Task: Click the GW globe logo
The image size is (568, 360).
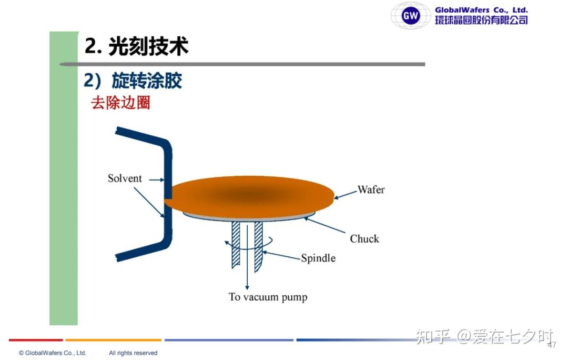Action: coord(410,15)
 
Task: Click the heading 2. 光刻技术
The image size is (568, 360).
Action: coord(136,46)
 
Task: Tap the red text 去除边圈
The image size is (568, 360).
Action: coord(120,103)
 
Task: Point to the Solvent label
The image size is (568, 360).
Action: coord(125,178)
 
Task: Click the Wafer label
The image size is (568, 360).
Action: coord(371,189)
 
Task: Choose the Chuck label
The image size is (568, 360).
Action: coord(364,238)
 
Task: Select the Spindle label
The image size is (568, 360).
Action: coord(318,258)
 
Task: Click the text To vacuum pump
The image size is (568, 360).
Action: coord(268,297)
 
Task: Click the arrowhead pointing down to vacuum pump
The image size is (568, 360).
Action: coord(247,287)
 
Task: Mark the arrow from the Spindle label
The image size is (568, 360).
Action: coord(282,255)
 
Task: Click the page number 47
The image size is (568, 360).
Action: coord(552,345)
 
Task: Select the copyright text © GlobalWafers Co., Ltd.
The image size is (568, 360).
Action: coord(53,353)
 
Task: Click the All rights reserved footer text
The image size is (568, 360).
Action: coord(133,353)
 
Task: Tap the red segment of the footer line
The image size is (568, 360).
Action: coord(36,340)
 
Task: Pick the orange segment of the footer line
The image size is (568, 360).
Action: coord(114,340)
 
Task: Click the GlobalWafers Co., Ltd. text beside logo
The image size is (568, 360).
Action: coord(481,10)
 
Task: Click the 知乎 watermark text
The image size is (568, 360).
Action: coord(433,336)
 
